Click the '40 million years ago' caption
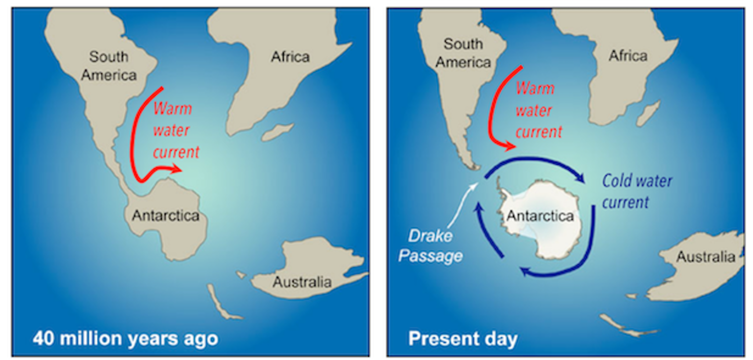pos(125,338)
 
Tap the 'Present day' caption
pos(463,339)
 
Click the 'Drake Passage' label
pos(430,246)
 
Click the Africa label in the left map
pos(290,57)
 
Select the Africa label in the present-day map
pos(628,56)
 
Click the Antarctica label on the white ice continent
pos(540,216)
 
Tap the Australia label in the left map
pos(302,283)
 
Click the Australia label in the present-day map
pos(706,257)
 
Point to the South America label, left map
pos(108,66)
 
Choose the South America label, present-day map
pos(463,53)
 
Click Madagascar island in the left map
pos(278,131)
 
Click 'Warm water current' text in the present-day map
pos(538,110)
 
